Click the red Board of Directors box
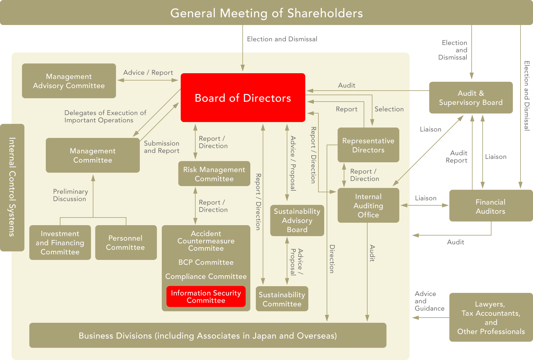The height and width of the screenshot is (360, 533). pos(243,98)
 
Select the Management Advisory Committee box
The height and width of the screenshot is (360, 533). pos(69,81)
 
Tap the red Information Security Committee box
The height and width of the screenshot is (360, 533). pos(206,297)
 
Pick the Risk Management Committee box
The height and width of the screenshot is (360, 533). pos(214,174)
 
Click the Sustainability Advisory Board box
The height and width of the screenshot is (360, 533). pos(297,220)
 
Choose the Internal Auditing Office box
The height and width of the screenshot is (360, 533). pos(368,205)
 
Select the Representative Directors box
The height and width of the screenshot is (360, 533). pos(368,145)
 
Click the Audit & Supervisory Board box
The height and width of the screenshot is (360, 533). pos(471,98)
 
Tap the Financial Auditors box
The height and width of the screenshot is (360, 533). pos(491,206)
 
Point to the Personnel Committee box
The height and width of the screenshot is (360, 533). pos(126,243)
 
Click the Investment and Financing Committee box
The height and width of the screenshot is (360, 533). pos(60,243)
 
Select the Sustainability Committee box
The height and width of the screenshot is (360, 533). pos(282,299)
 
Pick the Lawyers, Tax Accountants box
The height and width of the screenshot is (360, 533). pos(491,317)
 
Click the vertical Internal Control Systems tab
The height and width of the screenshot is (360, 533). pos(12,188)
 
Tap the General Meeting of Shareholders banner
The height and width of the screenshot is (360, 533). pos(266,13)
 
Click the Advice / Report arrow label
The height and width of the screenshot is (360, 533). pos(148,73)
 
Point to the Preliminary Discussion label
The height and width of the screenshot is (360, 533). pos(71,195)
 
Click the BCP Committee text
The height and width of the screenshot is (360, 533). pos(206,262)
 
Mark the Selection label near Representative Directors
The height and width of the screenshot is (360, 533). pos(389,109)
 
